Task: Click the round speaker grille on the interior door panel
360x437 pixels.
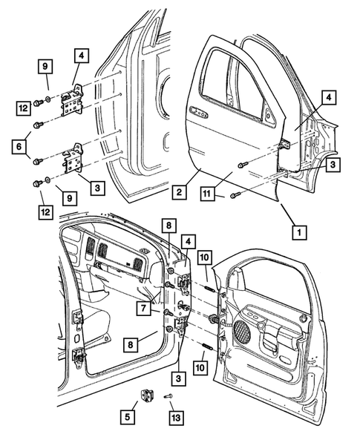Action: pyautogui.click(x=243, y=329)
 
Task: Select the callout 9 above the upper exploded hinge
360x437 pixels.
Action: pyautogui.click(x=45, y=68)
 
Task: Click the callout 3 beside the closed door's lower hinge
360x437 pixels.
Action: pyautogui.click(x=333, y=165)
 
